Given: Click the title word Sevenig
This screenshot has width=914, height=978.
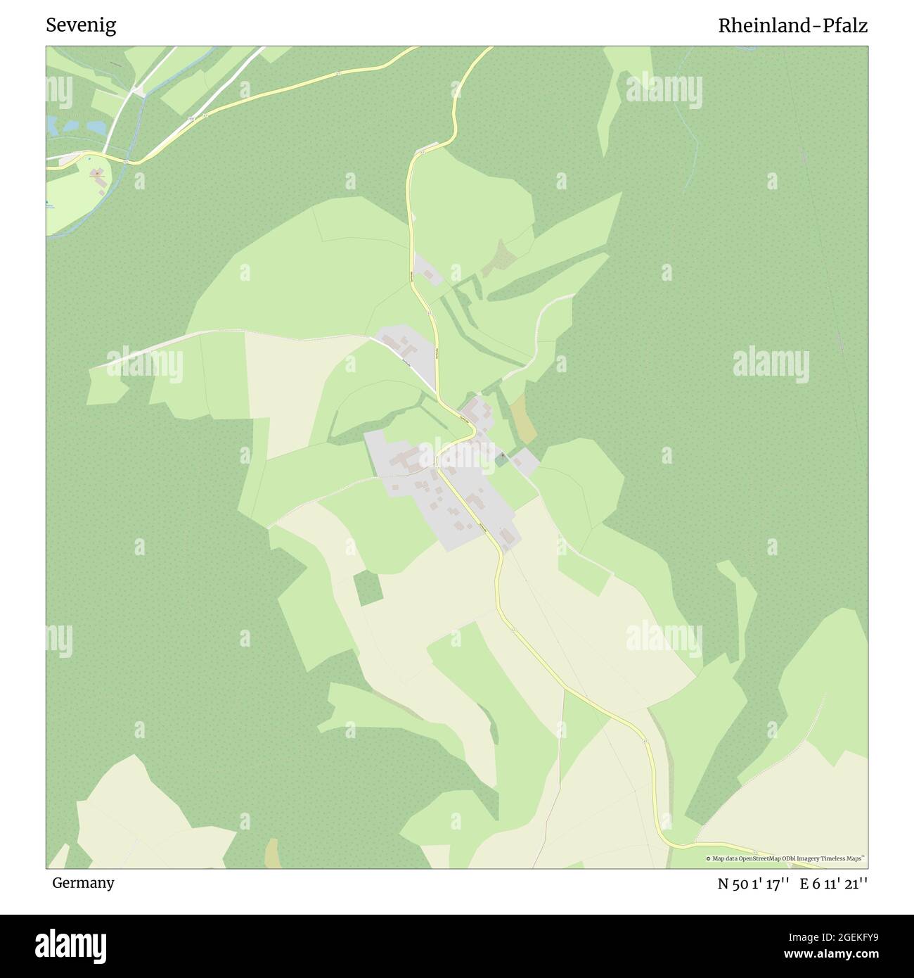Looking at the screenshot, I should tap(81, 26).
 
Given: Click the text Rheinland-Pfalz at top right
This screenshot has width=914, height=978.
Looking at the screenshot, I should tap(792, 26).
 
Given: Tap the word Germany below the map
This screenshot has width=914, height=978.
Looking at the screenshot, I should tap(83, 883).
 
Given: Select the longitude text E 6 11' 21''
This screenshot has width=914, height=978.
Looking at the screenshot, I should tap(839, 884).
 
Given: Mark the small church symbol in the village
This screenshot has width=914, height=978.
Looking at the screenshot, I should tap(503, 456).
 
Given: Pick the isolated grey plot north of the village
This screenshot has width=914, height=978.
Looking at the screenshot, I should tap(427, 271).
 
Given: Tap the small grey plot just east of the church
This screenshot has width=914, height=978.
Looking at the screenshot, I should tap(524, 462).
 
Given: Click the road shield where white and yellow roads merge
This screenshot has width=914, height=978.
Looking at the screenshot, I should tap(124, 161).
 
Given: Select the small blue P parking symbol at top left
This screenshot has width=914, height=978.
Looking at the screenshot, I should tap(91, 160).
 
